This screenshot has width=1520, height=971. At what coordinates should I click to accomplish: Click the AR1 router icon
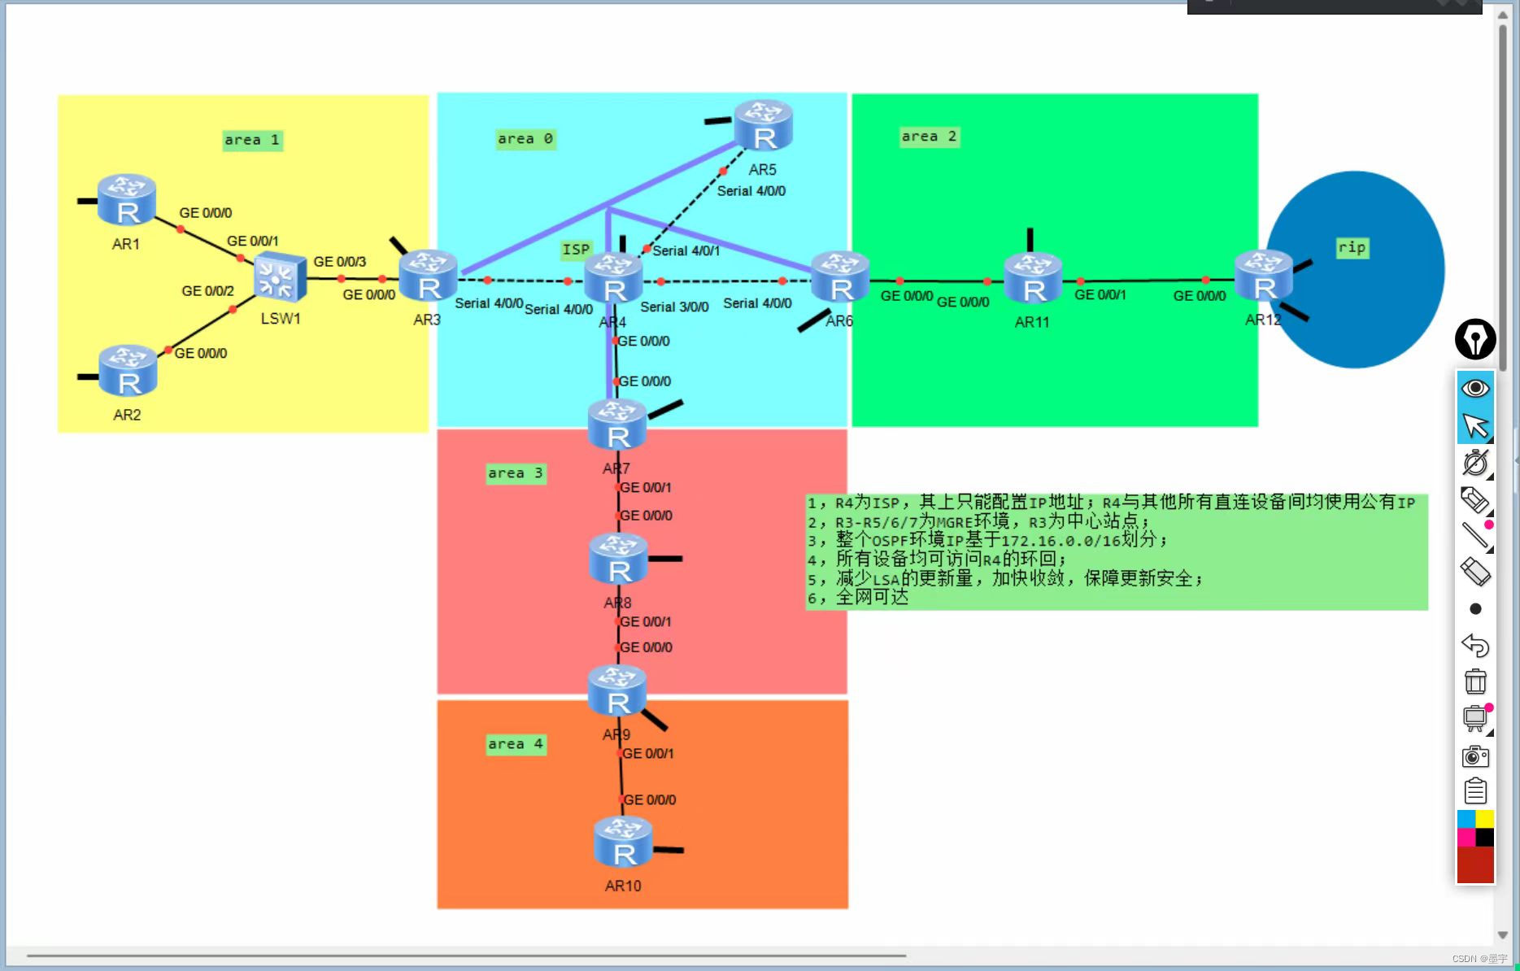[x=126, y=200]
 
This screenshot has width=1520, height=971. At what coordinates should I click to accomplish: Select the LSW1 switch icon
[x=280, y=277]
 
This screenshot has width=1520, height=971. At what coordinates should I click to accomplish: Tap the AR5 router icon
[x=763, y=126]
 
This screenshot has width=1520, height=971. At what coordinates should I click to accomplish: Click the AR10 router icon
[x=623, y=843]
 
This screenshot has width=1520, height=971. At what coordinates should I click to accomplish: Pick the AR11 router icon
[x=1032, y=278]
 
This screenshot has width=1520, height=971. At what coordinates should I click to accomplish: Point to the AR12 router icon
[x=1263, y=276]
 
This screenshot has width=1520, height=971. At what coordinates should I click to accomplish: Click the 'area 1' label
[x=252, y=140]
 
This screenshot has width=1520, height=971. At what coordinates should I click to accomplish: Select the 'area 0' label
[x=525, y=139]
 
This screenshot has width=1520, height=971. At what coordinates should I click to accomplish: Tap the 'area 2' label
[x=929, y=137]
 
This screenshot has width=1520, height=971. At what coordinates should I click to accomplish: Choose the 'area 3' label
[x=515, y=473]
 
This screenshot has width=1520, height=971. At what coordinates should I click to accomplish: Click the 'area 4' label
[x=515, y=744]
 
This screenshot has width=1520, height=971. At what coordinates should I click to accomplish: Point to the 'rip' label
[x=1352, y=247]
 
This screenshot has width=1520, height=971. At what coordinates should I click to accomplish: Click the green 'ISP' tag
[x=576, y=250]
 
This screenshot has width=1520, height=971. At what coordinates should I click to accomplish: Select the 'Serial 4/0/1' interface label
[x=686, y=250]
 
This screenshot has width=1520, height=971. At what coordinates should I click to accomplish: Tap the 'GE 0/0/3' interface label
[x=340, y=262]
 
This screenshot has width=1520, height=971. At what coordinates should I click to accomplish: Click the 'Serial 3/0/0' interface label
[x=674, y=307]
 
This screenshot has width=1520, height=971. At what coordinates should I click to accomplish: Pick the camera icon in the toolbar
[x=1475, y=756]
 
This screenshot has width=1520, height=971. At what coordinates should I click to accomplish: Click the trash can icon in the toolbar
[x=1475, y=681]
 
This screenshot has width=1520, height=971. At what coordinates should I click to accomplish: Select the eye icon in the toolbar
[x=1475, y=388]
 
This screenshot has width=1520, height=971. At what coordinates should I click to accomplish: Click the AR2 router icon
[x=128, y=371]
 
